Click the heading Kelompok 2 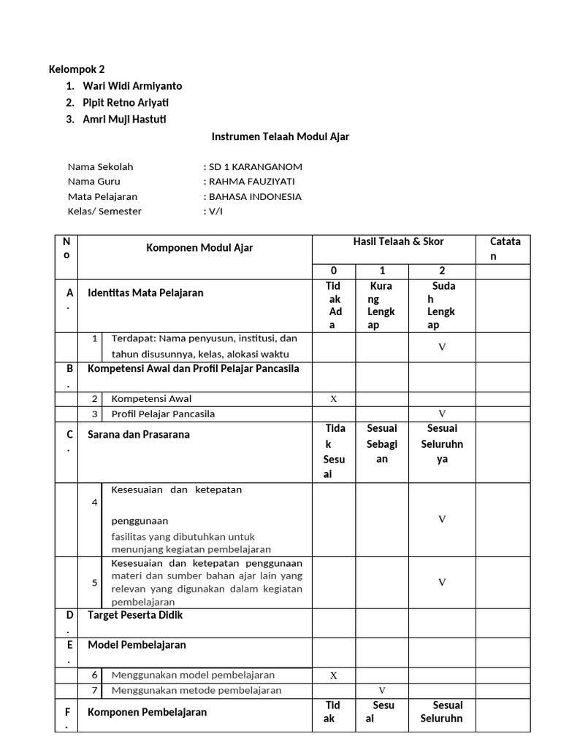pyautogui.click(x=76, y=70)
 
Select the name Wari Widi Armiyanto pyautogui.click(x=132, y=86)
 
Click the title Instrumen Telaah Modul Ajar pyautogui.click(x=280, y=136)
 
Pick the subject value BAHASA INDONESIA pyautogui.click(x=255, y=196)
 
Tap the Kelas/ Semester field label pyautogui.click(x=104, y=212)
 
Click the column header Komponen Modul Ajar pyautogui.click(x=199, y=248)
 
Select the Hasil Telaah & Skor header pyautogui.click(x=398, y=242)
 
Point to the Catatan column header pyautogui.click(x=505, y=249)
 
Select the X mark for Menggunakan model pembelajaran pyautogui.click(x=334, y=676)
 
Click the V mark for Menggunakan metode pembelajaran pyautogui.click(x=381, y=690)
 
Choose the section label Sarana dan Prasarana pyautogui.click(x=138, y=435)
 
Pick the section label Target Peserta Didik pyautogui.click(x=135, y=615)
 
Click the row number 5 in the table pyautogui.click(x=95, y=582)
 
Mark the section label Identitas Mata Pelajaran pyautogui.click(x=145, y=293)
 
